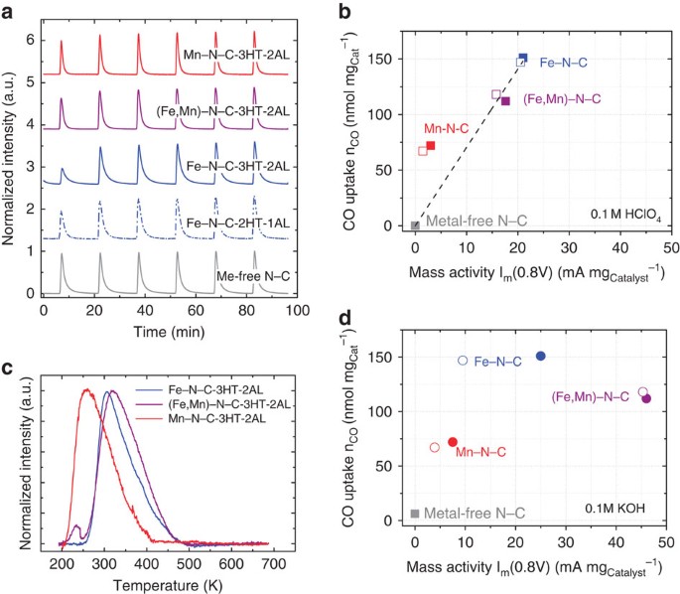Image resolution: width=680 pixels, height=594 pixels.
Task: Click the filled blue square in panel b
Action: click(x=523, y=59)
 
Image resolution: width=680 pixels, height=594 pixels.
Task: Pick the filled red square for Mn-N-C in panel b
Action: click(x=430, y=146)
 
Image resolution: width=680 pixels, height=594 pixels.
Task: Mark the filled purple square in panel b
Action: click(x=505, y=101)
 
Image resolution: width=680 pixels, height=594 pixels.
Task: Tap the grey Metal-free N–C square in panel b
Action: click(x=415, y=225)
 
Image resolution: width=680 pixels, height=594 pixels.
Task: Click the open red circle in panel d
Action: click(x=435, y=448)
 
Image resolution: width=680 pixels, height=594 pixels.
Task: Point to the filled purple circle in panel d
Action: click(x=647, y=398)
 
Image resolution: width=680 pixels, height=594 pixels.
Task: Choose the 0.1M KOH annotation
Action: click(x=618, y=513)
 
